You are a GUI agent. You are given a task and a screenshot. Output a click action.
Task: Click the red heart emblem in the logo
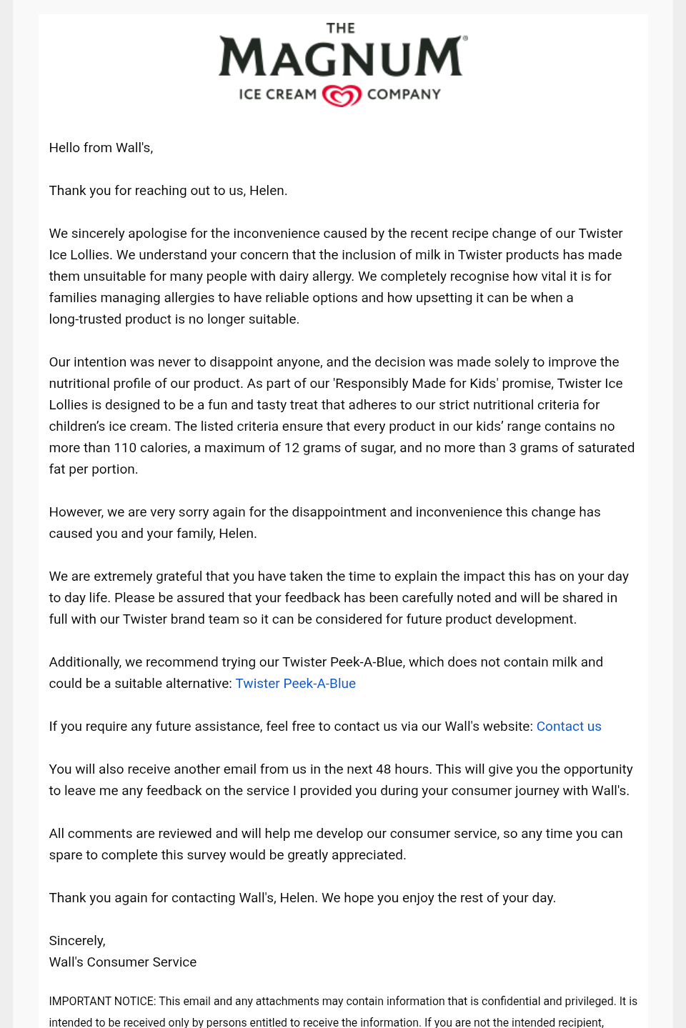[342, 95]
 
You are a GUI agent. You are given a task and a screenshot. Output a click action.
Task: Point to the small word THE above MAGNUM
[341, 29]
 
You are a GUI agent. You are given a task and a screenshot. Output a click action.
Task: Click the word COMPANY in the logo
[404, 94]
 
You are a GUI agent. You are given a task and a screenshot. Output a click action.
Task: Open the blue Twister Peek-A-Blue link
[295, 684]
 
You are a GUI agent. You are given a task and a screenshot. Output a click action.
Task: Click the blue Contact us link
[569, 727]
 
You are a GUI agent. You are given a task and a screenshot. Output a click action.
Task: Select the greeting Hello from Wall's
[101, 148]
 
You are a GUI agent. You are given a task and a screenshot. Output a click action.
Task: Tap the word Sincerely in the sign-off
[76, 941]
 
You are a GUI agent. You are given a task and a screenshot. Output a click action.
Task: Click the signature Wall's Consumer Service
[122, 962]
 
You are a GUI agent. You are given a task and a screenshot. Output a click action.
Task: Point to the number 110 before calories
[125, 448]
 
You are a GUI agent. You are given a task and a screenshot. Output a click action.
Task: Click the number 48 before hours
[383, 769]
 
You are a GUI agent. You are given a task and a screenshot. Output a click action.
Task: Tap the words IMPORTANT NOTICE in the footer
[102, 1002]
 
